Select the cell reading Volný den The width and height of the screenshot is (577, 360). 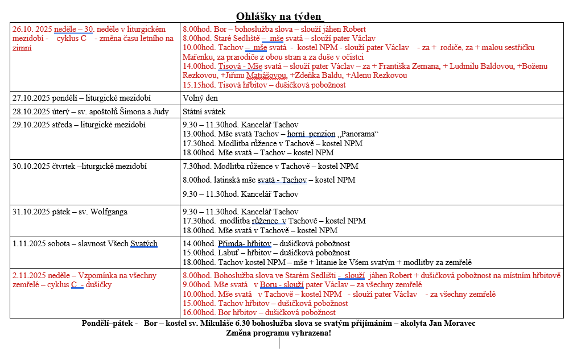[x=200, y=98]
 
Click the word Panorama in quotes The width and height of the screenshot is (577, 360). [x=357, y=134]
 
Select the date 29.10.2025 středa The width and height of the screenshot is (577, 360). [x=39, y=125]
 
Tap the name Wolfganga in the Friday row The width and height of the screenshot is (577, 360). [x=107, y=212]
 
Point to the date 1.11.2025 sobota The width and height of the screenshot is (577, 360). [x=40, y=244]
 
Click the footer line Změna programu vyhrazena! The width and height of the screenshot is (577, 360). [x=279, y=333]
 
